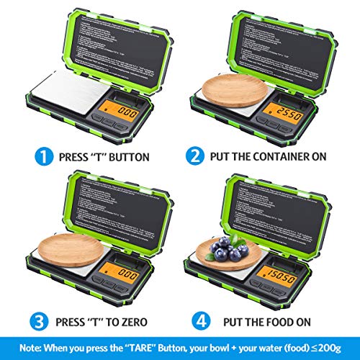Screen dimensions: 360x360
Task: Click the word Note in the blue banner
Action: (23, 343)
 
